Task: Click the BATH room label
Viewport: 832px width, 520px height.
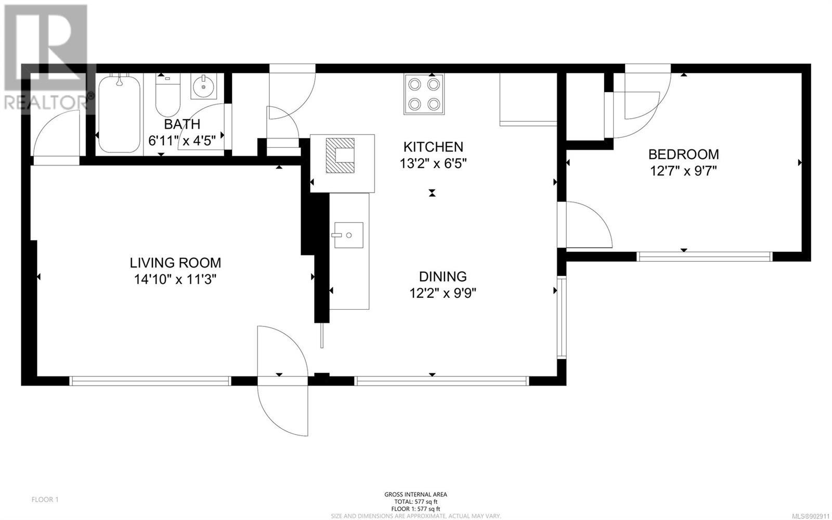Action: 182,124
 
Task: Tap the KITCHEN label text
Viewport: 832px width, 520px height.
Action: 433,147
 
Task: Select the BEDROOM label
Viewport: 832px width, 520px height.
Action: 683,154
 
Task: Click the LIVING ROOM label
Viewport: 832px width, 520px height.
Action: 175,263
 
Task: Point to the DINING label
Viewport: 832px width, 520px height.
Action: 443,276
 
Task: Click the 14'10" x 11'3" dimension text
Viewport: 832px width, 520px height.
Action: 175,279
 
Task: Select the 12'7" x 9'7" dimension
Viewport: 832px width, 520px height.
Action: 683,171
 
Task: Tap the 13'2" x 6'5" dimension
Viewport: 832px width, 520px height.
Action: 433,163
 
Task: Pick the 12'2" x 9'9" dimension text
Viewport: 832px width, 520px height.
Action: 443,293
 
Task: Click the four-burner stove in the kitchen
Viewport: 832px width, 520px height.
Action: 424,94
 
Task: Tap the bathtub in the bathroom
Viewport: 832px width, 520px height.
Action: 120,114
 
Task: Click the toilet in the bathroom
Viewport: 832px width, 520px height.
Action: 168,95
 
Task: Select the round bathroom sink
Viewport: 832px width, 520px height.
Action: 203,86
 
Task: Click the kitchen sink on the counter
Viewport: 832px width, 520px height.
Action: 349,235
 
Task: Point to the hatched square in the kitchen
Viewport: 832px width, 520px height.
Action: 340,155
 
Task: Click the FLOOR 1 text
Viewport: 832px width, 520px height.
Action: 45,500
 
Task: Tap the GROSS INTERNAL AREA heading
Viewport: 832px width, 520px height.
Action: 415,494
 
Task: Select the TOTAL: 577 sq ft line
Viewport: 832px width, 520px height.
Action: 415,502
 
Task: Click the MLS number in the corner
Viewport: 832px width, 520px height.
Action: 811,516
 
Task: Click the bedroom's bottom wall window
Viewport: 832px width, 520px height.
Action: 705,257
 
